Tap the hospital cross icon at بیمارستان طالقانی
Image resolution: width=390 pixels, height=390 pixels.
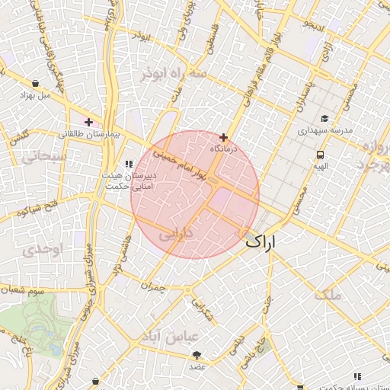coord(89,122)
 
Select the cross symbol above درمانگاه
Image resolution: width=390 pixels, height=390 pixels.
coord(223,137)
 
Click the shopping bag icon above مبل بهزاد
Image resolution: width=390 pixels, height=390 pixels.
coord(36,84)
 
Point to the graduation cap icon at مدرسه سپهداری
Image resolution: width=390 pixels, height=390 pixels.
coord(325,118)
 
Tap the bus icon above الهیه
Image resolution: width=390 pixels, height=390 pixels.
coord(321,155)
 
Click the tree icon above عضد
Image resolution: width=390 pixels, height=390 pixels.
coord(198,355)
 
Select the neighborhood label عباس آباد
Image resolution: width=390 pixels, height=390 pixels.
coord(174,336)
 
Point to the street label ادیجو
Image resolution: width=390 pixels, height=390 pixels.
coord(314,25)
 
